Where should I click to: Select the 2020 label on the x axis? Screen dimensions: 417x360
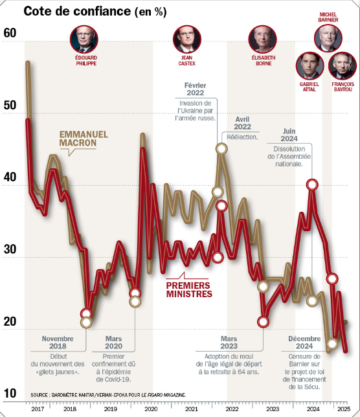[150, 409]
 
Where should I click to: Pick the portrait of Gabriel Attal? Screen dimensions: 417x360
[309, 65]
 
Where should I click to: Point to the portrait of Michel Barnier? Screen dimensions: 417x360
[328, 38]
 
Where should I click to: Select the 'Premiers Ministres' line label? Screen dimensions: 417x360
[189, 289]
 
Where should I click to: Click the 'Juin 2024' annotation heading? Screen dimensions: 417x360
[289, 135]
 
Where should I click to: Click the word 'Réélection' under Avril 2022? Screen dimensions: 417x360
[242, 137]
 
